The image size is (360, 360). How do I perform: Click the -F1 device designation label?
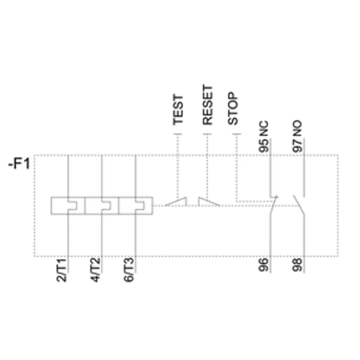tap(19, 164)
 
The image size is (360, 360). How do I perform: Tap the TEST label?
tap(178, 110)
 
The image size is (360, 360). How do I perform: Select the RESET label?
tap(207, 105)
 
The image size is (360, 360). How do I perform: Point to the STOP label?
tap(233, 108)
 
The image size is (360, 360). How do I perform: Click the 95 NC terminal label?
tap(264, 136)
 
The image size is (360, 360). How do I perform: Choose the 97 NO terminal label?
tap(297, 136)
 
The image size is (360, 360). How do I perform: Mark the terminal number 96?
tap(263, 265)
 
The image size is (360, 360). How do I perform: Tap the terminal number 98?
tap(297, 265)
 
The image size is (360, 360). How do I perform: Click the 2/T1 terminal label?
tap(61, 270)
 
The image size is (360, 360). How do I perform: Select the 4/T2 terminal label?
tap(95, 270)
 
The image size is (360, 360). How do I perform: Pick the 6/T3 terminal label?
tap(129, 270)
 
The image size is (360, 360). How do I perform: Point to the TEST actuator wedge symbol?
tap(176, 202)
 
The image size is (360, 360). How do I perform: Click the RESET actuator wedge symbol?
tap(209, 202)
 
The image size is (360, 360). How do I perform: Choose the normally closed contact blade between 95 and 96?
tap(274, 205)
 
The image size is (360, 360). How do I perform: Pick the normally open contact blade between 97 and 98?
tap(299, 205)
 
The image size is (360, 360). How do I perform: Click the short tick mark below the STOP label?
tap(237, 134)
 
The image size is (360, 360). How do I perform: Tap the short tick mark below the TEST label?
tap(178, 134)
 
